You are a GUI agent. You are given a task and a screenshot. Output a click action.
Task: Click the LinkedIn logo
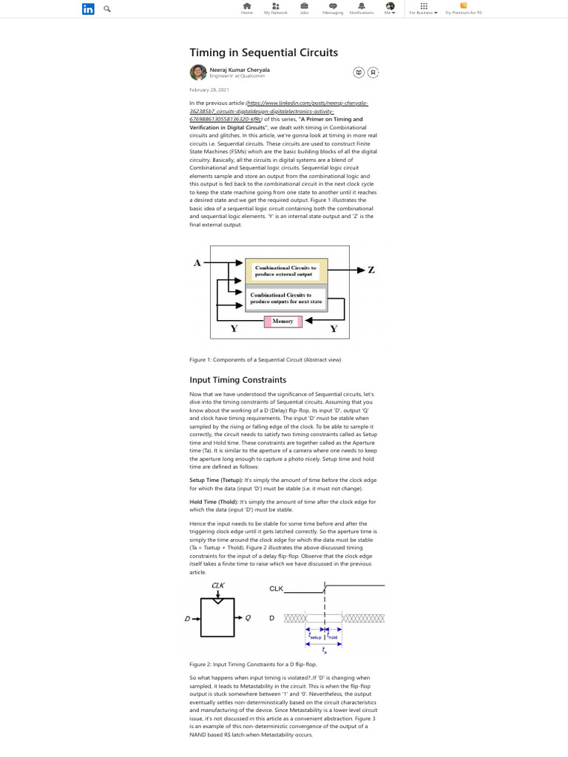click(88, 9)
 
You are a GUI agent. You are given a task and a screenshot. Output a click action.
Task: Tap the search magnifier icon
click(108, 9)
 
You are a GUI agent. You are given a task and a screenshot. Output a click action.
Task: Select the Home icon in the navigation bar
click(247, 7)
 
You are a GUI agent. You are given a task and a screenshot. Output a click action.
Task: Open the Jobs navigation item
click(304, 7)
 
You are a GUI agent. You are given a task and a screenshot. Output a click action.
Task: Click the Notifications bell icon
click(361, 7)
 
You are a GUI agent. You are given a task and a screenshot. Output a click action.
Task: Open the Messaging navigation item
click(333, 7)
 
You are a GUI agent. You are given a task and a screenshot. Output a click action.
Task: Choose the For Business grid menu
click(424, 7)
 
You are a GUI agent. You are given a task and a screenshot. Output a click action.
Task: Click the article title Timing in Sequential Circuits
click(263, 52)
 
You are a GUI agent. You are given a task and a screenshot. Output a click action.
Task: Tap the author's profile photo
click(197, 72)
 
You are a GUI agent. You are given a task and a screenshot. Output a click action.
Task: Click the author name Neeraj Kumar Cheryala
click(240, 69)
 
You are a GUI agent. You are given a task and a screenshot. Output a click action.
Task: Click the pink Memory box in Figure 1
click(283, 321)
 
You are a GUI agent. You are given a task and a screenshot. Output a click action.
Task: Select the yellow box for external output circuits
click(285, 271)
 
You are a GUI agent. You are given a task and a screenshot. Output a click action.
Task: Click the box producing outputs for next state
click(285, 299)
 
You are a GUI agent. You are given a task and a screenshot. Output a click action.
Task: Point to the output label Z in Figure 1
click(371, 271)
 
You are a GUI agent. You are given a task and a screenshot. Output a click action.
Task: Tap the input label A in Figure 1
click(197, 262)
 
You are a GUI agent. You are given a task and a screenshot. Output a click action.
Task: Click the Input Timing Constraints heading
click(237, 380)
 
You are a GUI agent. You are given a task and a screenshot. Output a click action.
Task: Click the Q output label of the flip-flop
click(248, 617)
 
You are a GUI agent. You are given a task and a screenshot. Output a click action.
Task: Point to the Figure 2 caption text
click(243, 665)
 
